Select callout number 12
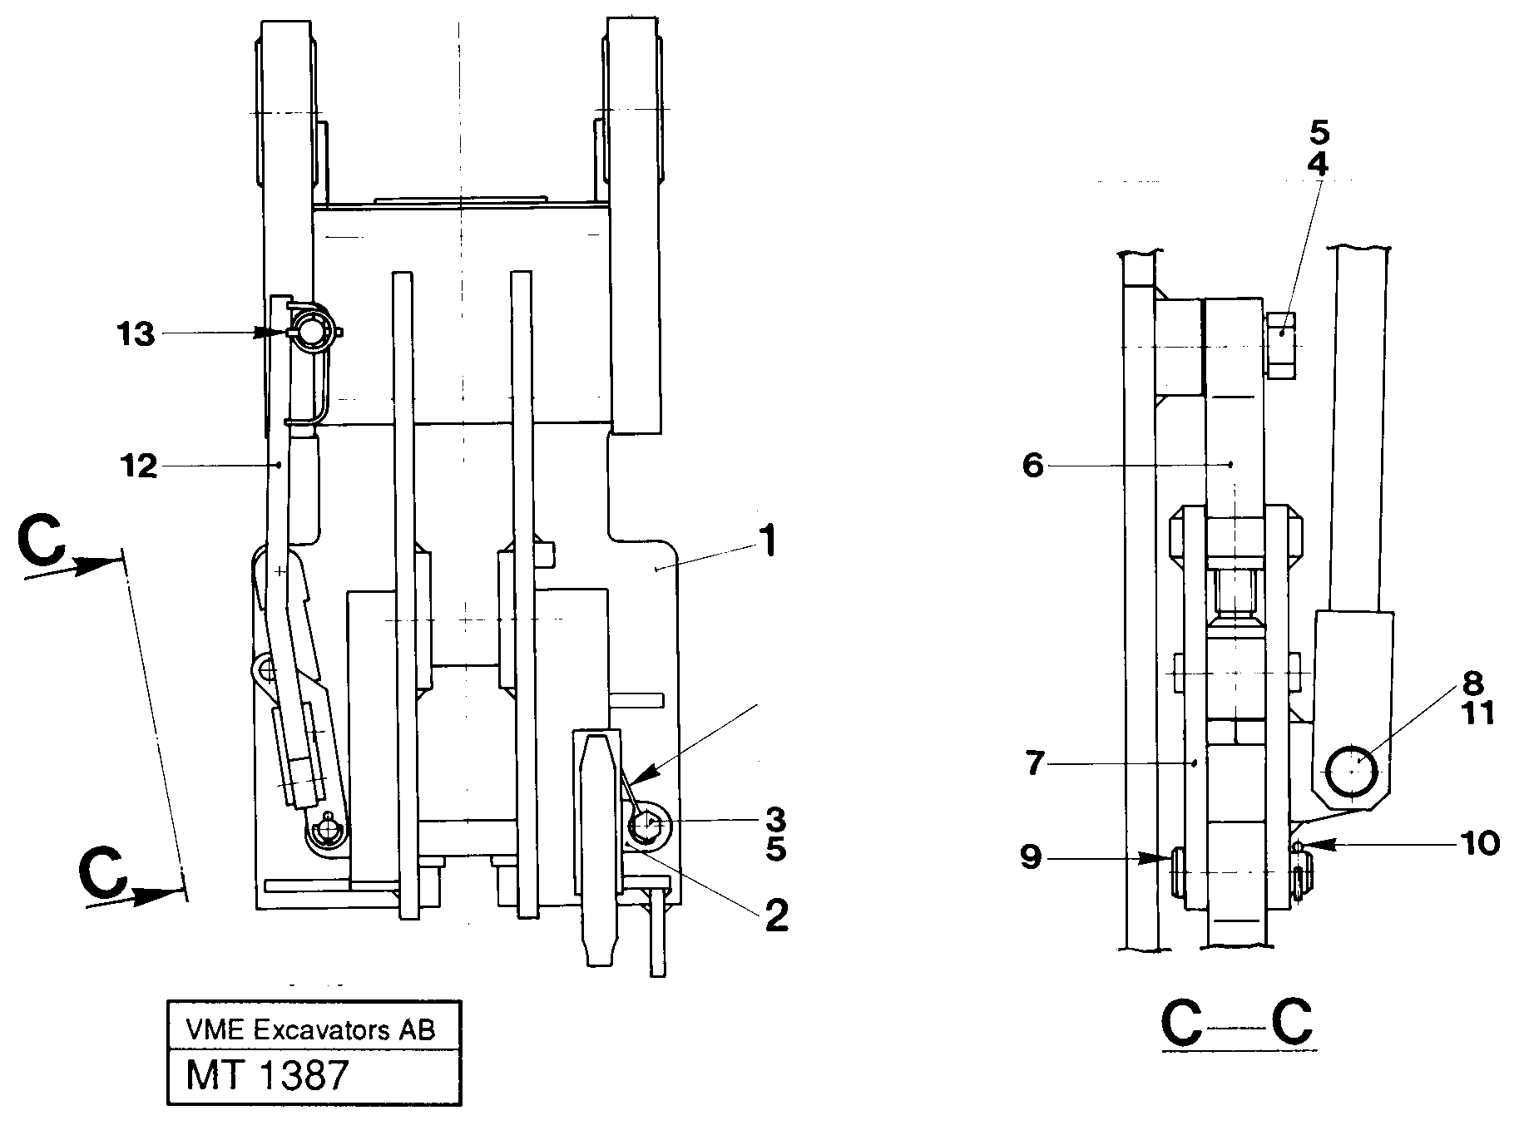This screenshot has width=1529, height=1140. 138,467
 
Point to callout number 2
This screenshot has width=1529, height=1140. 774,915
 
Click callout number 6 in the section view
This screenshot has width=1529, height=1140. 1032,466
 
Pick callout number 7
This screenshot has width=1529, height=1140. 1034,763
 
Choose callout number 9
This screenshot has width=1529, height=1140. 1032,857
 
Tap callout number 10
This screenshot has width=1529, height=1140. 1482,844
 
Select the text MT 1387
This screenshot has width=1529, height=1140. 266,1076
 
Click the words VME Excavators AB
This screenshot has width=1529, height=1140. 310,1031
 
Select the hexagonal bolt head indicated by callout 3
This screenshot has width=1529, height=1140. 645,826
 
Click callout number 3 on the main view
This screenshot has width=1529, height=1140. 774,821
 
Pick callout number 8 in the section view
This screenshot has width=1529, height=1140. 1472,684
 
